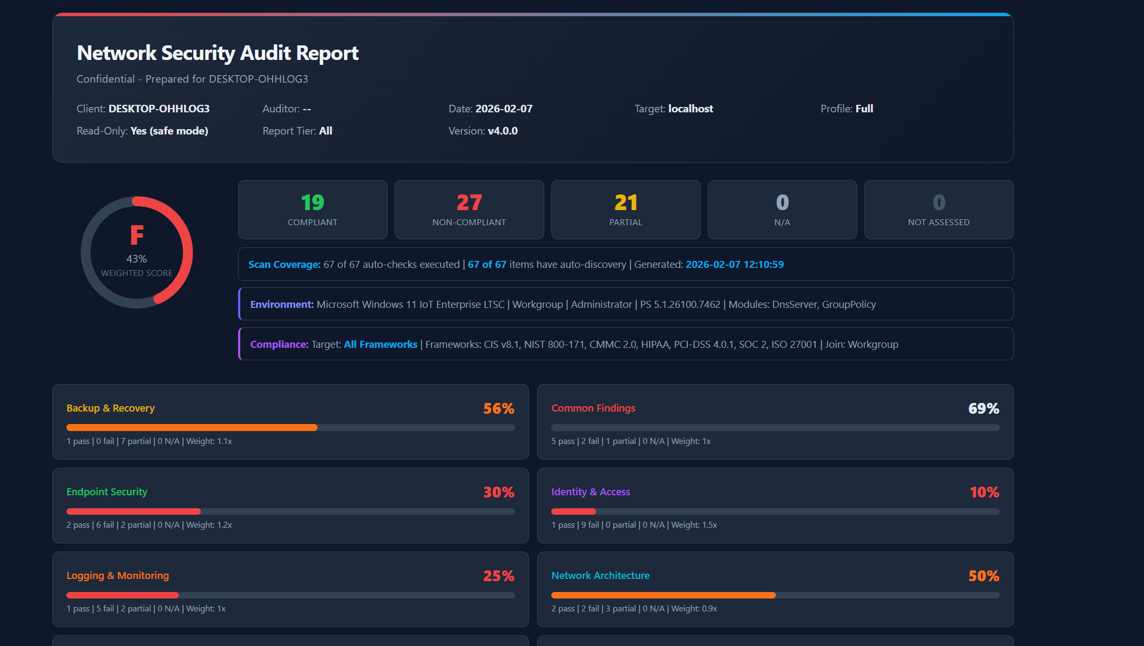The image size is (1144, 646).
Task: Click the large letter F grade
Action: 137,235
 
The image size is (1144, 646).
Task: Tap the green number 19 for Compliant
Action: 313,203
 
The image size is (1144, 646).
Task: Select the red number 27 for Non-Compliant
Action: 469,203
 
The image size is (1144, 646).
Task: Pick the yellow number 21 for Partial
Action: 626,203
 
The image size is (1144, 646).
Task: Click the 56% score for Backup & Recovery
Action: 499,409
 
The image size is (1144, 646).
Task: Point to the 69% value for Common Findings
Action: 984,409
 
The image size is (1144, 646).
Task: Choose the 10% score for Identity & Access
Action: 984,493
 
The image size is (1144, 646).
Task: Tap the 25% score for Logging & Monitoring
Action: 499,576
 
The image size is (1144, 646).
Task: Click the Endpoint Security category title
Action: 107,492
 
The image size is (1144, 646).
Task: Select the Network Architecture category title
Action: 600,576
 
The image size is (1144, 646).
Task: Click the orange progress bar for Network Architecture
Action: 664,595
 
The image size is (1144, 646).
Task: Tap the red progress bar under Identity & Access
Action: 573,512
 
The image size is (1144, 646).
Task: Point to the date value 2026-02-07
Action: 504,109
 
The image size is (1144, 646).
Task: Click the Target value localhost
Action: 691,109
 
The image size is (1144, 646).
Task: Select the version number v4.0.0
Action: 503,131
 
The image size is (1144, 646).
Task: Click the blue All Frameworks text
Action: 381,345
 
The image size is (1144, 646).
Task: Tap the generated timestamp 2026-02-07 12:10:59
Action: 735,265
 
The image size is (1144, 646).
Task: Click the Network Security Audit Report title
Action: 218,53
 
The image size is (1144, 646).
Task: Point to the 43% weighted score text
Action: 137,259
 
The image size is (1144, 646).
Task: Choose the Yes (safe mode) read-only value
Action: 169,131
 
